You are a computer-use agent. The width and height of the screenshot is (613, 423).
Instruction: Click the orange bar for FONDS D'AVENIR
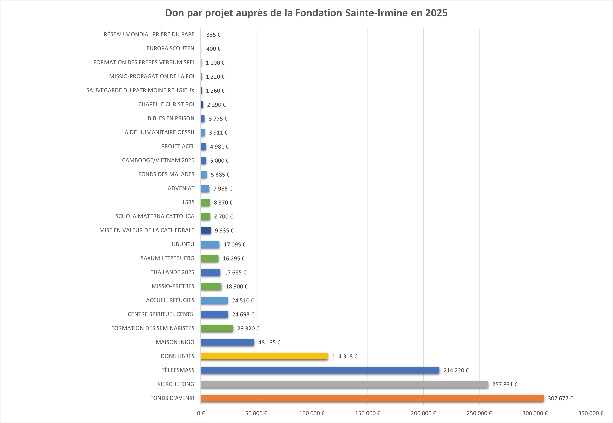372,398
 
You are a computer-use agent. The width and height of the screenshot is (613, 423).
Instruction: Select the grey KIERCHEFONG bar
344,384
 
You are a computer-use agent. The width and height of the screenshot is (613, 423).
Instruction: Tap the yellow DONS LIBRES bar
264,356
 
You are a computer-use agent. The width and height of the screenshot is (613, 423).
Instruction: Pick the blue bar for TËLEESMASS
320,370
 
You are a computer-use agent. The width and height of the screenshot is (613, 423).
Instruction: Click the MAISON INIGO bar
227,342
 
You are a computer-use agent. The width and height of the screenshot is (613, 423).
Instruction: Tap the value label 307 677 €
560,398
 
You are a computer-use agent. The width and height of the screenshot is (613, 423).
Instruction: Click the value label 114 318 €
344,357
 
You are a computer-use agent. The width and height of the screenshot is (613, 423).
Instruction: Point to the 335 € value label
213,35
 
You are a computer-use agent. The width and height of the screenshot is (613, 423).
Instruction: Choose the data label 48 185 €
269,342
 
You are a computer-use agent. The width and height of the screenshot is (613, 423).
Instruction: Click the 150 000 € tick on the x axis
367,413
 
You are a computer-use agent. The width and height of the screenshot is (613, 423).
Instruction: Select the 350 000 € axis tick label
590,413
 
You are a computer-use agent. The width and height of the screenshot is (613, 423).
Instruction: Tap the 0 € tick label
201,413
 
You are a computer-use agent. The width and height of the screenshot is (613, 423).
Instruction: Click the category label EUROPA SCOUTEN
170,49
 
